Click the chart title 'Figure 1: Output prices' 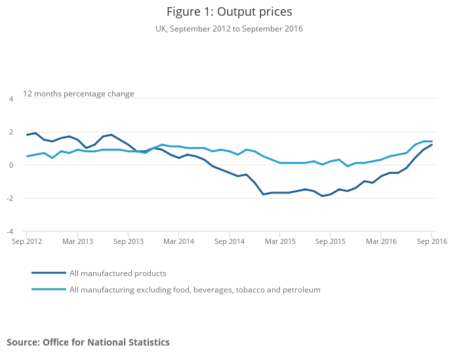click(229, 12)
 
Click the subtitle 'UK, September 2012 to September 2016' click(229, 29)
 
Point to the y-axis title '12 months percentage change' click(79, 94)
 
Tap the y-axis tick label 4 click(11, 99)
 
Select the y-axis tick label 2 click(11, 132)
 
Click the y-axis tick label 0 click(11, 165)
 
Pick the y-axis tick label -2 click(10, 199)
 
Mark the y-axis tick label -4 click(10, 231)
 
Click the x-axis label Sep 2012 click(27, 242)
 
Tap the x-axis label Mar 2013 click(77, 242)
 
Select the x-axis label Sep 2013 click(129, 242)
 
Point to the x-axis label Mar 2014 click(179, 242)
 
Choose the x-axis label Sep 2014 click(229, 242)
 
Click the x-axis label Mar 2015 click(280, 242)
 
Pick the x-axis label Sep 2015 click(330, 242)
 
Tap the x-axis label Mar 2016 click(381, 242)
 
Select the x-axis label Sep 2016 click(431, 242)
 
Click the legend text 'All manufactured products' click(118, 273)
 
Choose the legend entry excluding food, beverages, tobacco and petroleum click(195, 290)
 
